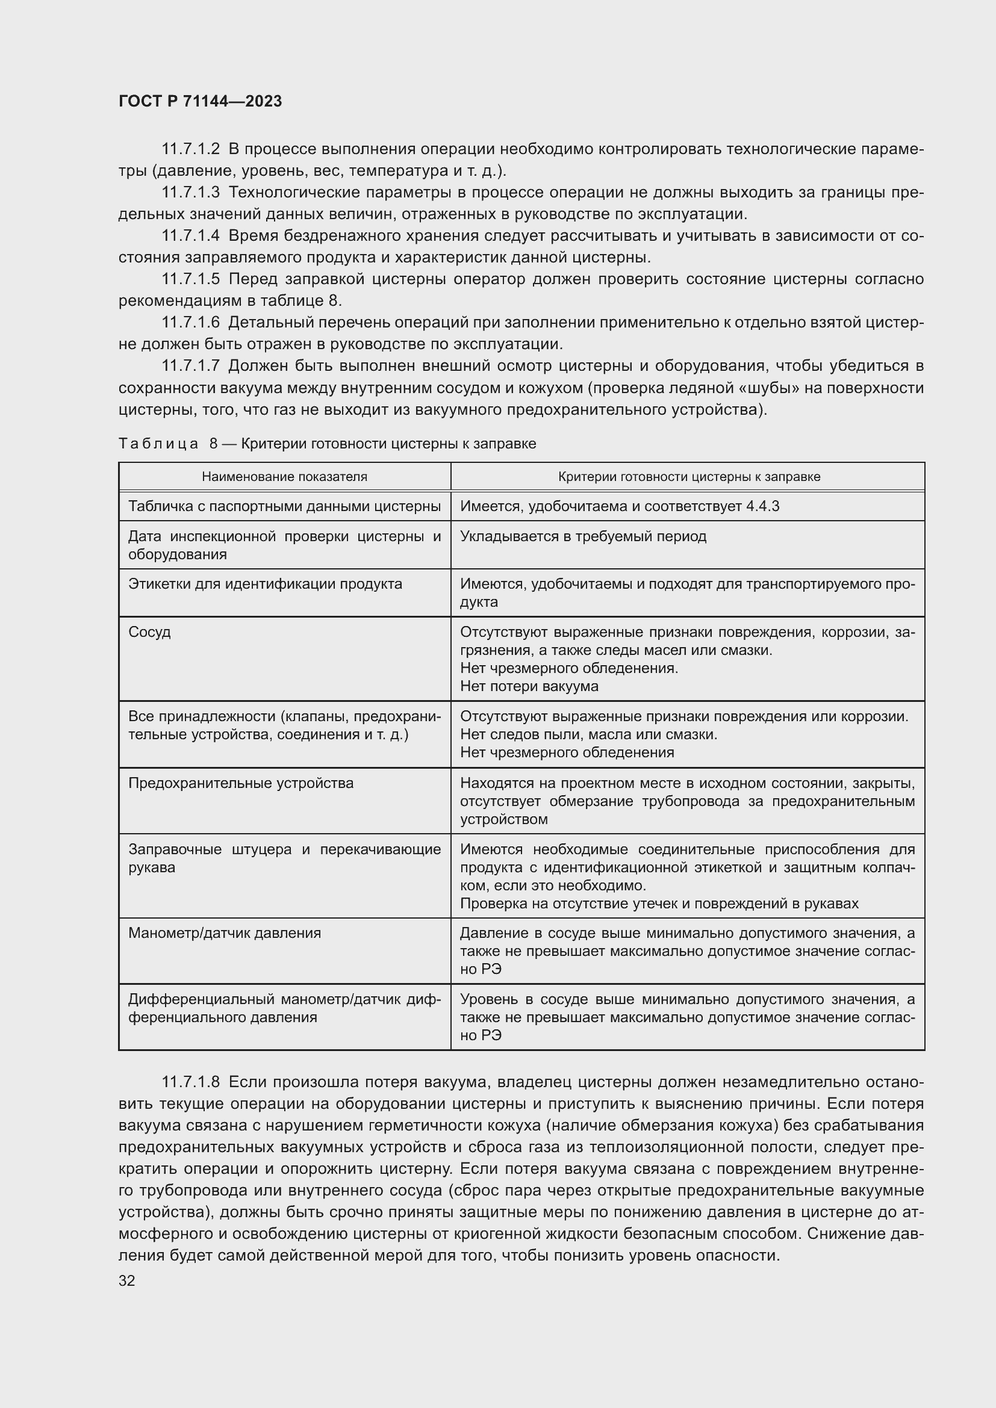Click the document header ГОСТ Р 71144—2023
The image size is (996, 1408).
tap(200, 101)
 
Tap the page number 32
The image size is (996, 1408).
tap(127, 1281)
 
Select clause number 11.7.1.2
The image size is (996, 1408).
tap(190, 149)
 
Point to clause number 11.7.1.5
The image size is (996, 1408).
tap(190, 279)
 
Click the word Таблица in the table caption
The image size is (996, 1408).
tap(158, 444)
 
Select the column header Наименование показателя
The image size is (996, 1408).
tap(285, 477)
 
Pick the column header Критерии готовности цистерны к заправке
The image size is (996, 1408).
tap(689, 477)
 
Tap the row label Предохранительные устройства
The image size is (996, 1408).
tap(240, 783)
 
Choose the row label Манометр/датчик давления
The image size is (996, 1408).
tap(225, 932)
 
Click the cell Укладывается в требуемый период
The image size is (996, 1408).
tap(583, 536)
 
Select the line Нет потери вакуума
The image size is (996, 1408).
tap(529, 686)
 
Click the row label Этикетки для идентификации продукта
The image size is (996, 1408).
tap(265, 583)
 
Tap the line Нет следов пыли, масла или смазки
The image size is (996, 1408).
tap(588, 734)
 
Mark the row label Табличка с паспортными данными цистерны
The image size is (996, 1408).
tap(285, 506)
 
